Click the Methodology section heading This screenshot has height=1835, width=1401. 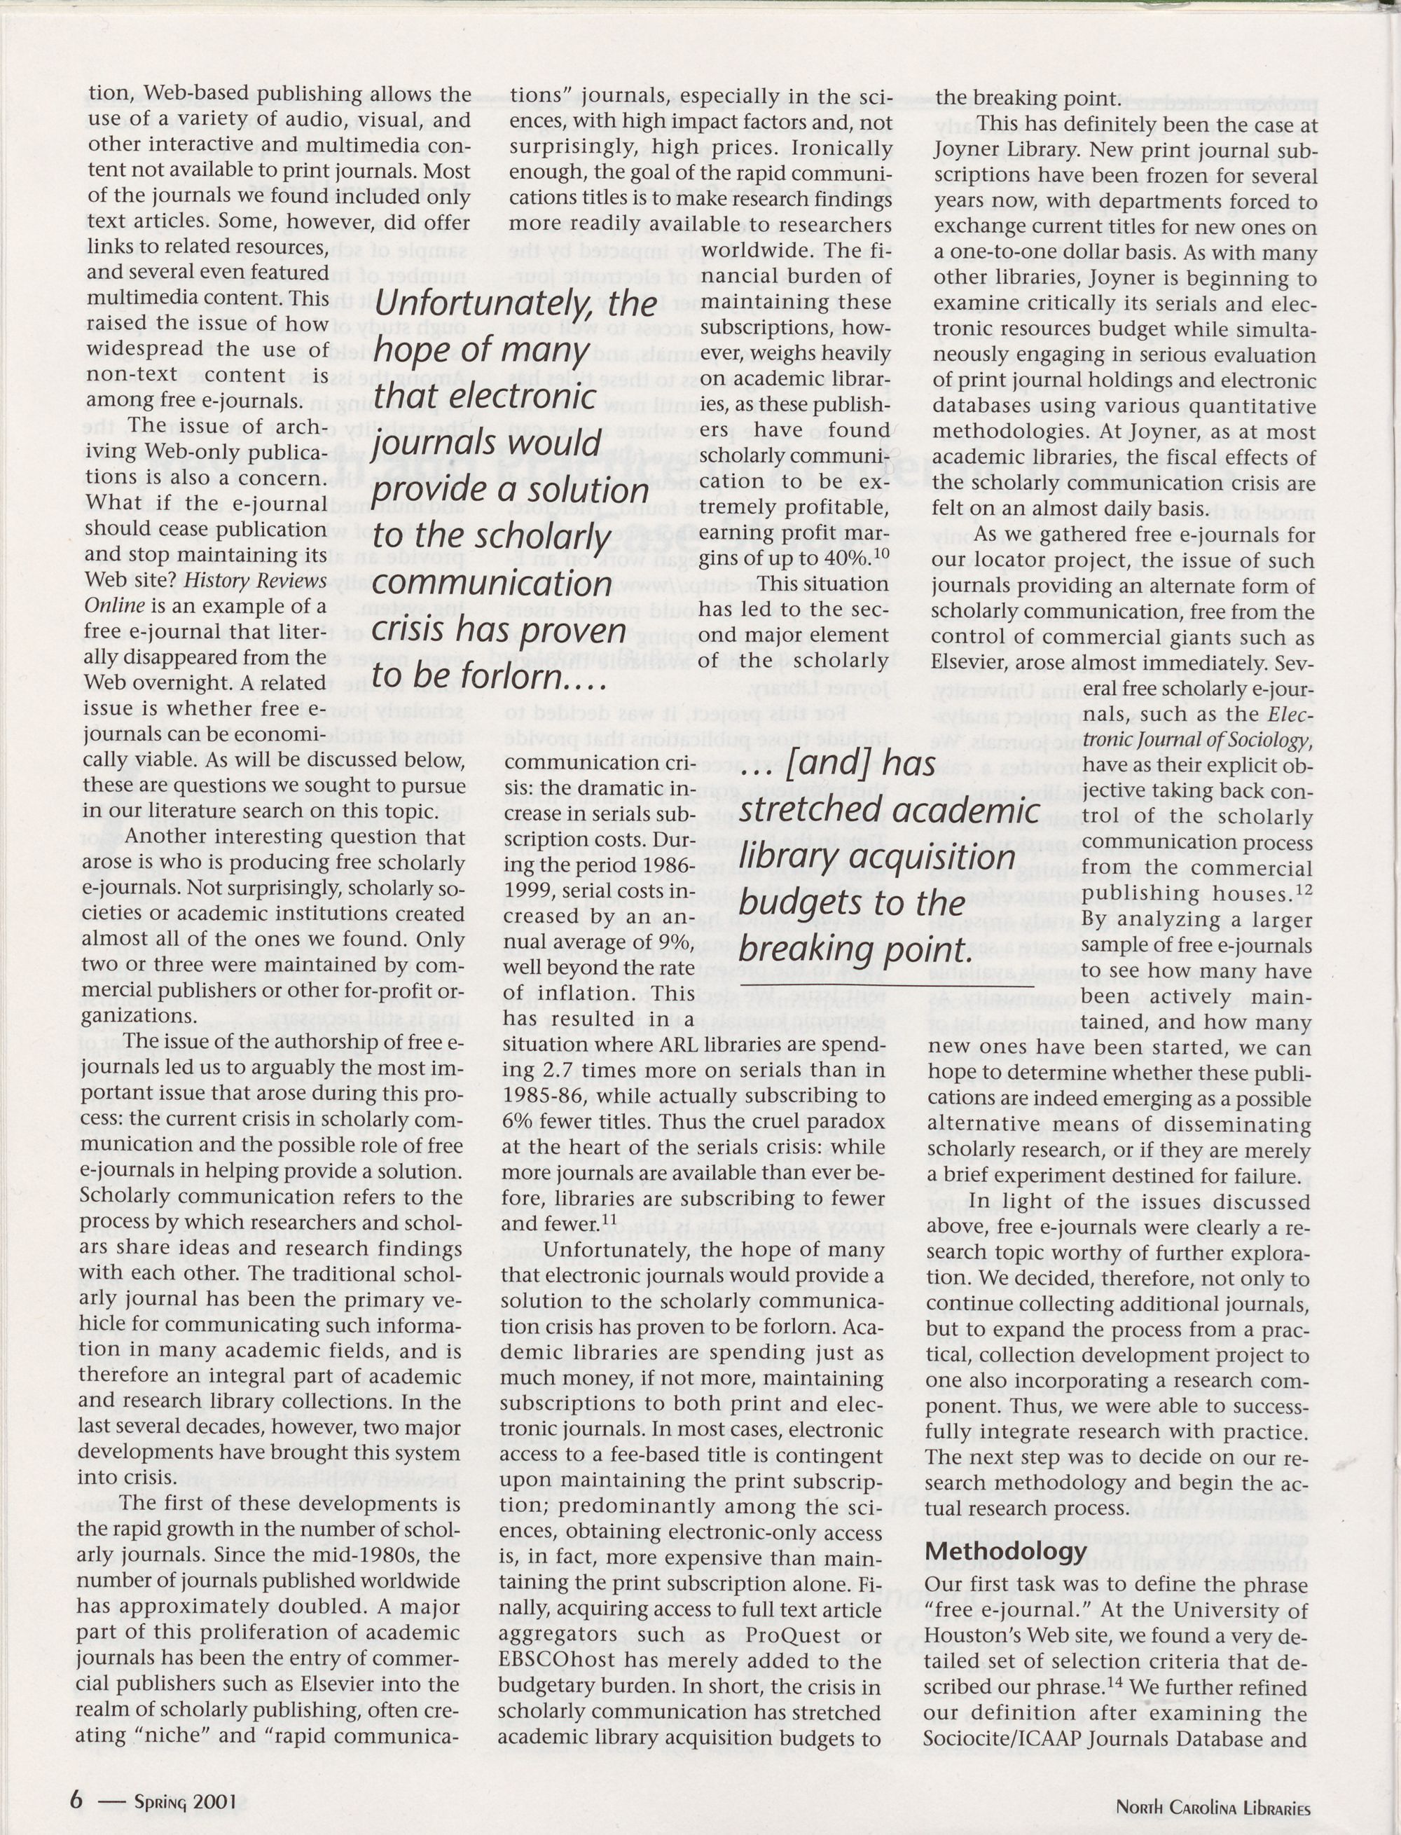coord(1007,1551)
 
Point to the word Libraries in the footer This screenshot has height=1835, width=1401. coord(1274,1801)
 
